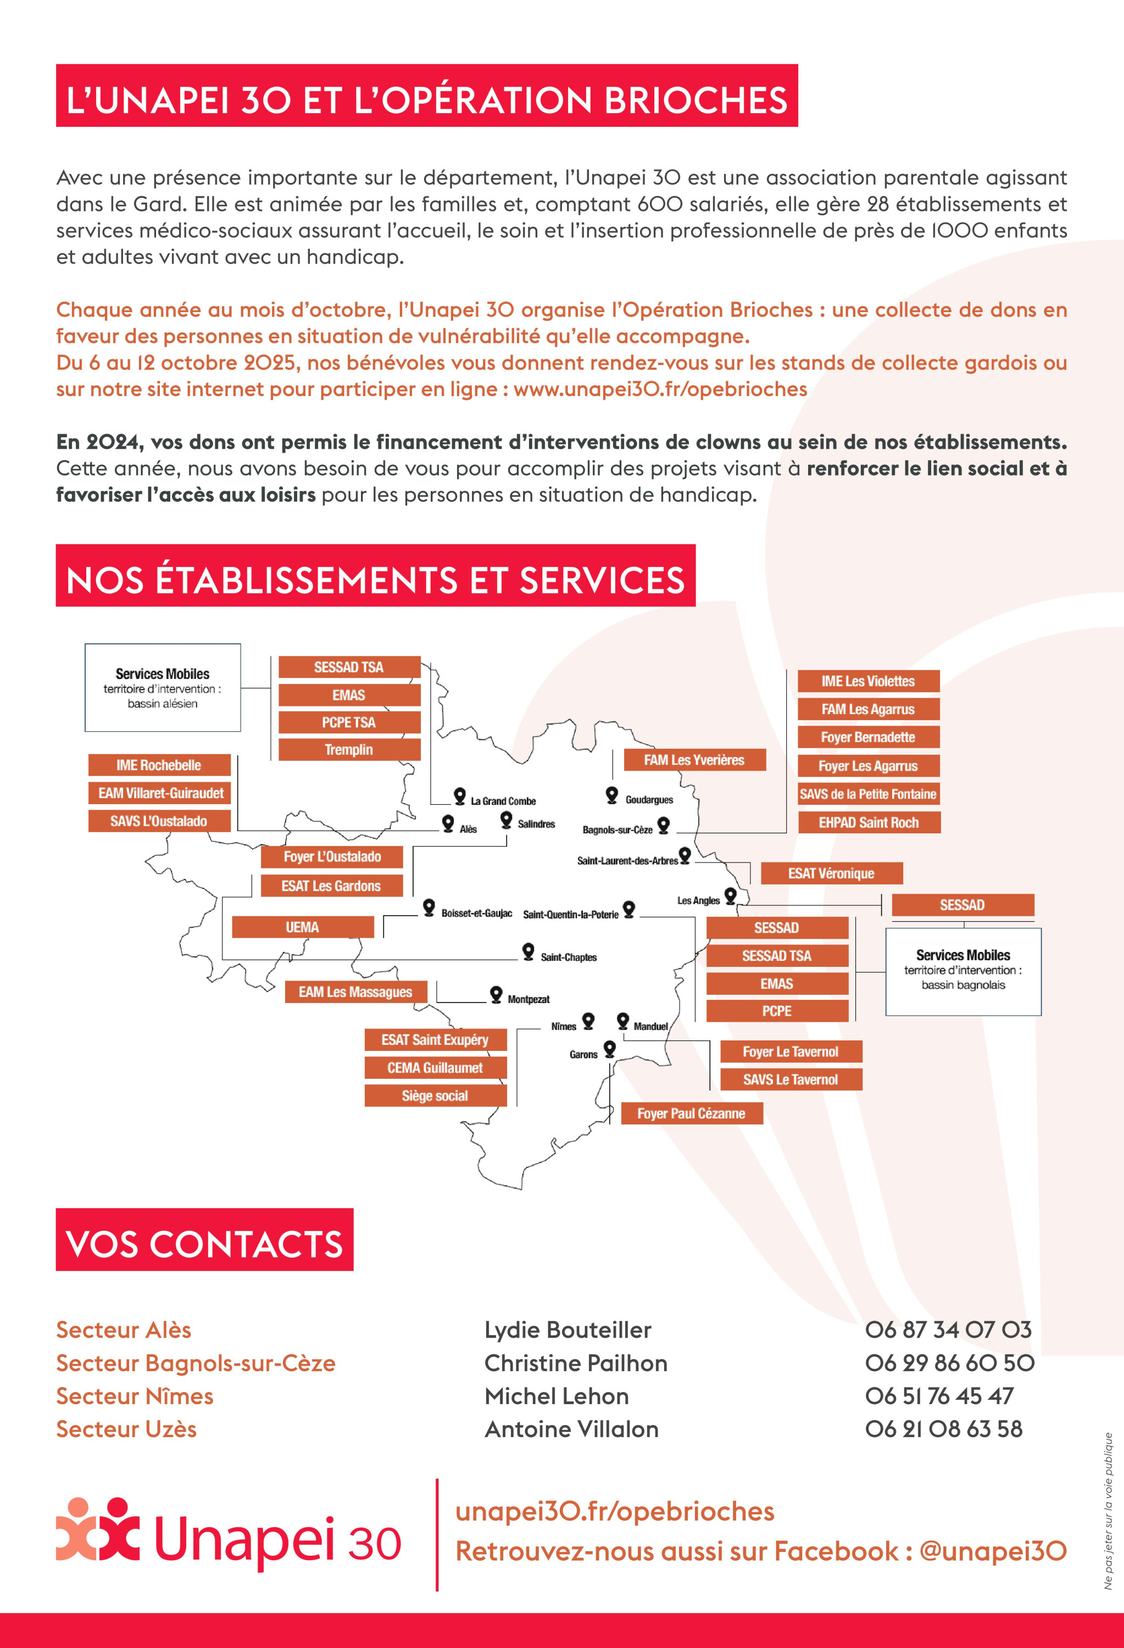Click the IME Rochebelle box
click(159, 765)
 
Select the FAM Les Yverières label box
click(694, 760)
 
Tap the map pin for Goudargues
click(612, 795)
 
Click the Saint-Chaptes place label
click(569, 957)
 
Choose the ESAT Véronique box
click(831, 873)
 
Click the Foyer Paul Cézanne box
click(692, 1113)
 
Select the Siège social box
click(436, 1095)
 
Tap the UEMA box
click(303, 927)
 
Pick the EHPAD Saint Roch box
click(869, 822)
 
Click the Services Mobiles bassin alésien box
click(163, 688)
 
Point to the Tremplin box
click(349, 749)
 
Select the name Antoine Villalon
click(571, 1429)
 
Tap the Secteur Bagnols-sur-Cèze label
click(196, 1363)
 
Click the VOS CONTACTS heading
click(204, 1244)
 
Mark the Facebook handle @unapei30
click(993, 1551)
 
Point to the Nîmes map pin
click(588, 1021)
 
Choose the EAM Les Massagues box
click(355, 992)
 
